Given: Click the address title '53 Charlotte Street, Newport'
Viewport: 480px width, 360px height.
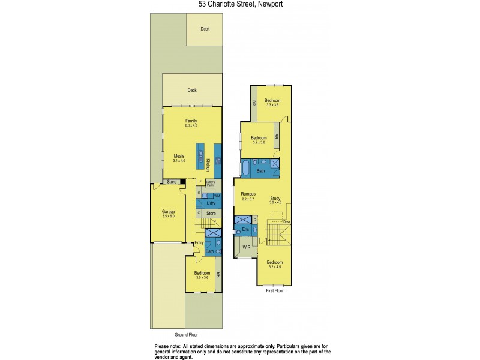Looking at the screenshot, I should [x=240, y=4].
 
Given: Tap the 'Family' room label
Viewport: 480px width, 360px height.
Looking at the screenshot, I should [x=191, y=121].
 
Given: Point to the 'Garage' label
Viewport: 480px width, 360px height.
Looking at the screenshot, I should [x=168, y=211].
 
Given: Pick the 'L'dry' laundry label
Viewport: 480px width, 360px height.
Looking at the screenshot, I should [x=210, y=204].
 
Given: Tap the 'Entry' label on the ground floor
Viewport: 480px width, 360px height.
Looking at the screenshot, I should [x=199, y=243].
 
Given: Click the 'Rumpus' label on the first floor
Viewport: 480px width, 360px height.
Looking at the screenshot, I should [x=248, y=194].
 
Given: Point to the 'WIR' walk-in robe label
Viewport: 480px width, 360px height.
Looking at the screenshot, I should [x=246, y=247].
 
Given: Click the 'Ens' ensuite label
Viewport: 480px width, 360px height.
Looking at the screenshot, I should [x=245, y=229].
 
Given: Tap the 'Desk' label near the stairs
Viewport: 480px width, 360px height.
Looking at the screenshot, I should [x=287, y=222].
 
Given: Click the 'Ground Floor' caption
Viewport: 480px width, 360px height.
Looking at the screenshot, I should [x=185, y=334].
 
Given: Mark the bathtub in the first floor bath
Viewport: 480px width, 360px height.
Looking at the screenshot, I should [x=245, y=167].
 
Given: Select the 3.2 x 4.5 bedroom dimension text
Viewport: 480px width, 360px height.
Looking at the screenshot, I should [x=275, y=267].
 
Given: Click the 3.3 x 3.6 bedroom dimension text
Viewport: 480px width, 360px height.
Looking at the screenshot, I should [x=272, y=105].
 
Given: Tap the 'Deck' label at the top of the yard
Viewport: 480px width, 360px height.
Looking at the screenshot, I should [x=205, y=28].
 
